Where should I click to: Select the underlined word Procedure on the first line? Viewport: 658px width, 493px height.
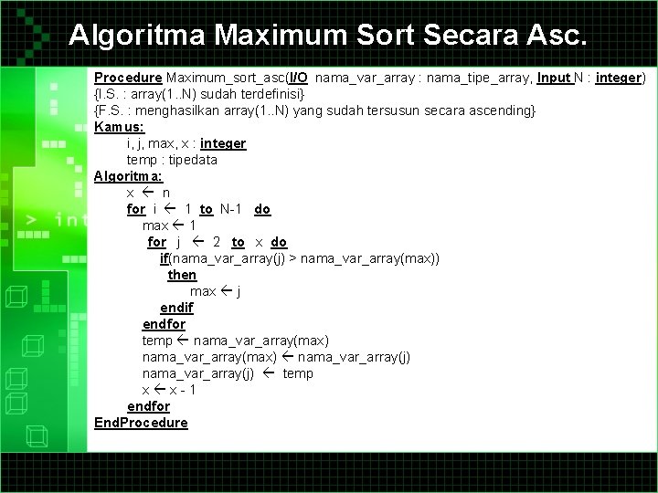128,78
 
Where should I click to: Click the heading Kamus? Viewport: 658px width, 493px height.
119,127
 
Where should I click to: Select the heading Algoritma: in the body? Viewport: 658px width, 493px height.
128,176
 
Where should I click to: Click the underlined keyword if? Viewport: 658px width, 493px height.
164,258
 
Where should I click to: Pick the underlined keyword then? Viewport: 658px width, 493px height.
182,275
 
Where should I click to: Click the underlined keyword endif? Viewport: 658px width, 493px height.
176,308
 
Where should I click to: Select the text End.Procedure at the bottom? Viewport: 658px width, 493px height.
141,423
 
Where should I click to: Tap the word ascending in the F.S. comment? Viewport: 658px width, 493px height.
503,110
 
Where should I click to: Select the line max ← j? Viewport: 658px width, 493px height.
215,291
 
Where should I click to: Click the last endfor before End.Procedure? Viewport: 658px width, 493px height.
148,406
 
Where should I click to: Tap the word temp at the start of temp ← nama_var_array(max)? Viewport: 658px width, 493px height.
157,341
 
